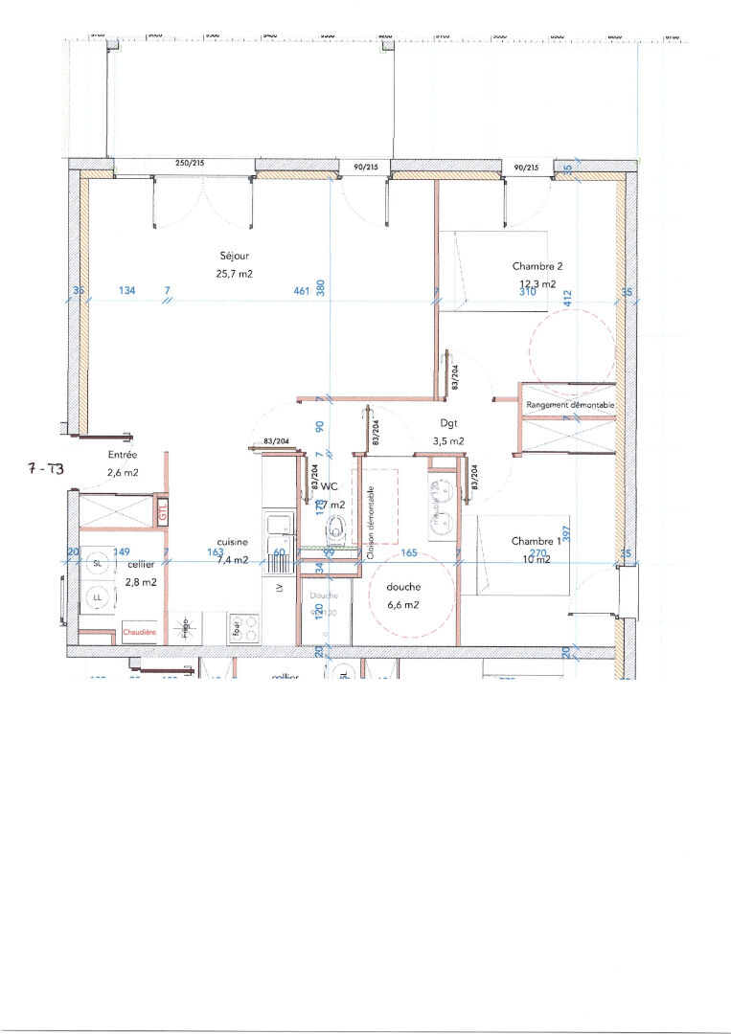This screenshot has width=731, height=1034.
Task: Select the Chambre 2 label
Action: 537,266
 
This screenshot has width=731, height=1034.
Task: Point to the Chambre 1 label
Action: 537,541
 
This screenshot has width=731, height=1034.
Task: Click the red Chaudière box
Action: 138,632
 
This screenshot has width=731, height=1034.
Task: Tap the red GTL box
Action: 163,510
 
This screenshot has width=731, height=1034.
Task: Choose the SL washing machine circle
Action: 97,563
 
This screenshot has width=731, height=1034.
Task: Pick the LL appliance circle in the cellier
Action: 97,598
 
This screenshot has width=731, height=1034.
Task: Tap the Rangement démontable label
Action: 570,406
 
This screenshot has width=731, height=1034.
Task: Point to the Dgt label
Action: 447,422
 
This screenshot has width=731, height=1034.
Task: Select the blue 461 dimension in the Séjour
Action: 300,291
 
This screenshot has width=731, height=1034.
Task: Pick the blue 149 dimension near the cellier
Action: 121,551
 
